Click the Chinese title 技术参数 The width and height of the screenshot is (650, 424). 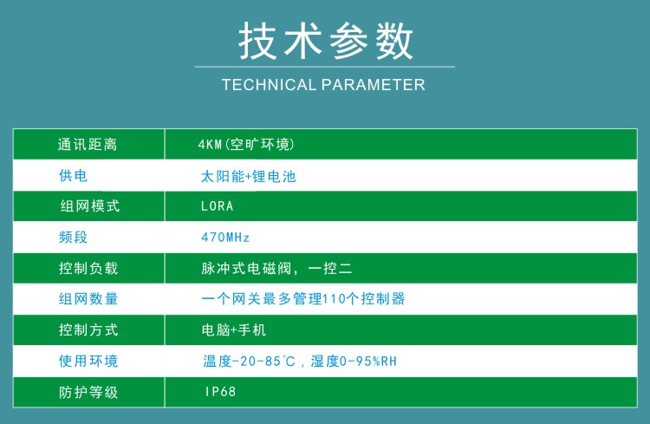point(326,41)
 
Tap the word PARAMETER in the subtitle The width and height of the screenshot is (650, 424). point(373,85)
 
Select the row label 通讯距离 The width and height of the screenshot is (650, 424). point(88,145)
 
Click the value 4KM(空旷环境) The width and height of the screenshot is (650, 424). point(246,145)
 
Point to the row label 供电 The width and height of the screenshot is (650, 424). point(73,175)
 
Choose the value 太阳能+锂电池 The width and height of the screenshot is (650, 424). point(249,176)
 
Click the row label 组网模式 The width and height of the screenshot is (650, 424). point(89,205)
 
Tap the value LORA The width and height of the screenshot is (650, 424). point(218,206)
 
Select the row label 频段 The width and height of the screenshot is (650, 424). point(73,237)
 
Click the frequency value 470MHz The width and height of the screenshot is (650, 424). point(225,238)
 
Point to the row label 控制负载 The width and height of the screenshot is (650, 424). point(88,268)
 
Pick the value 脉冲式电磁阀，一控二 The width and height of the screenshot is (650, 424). point(276,269)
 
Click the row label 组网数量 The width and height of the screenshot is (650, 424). point(88,298)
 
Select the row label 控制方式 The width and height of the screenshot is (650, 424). point(88,329)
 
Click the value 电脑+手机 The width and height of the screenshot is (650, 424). point(233,329)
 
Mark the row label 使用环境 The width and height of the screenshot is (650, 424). point(88,361)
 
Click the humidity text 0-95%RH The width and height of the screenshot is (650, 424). point(368,362)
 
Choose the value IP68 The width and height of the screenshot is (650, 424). point(220,391)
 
